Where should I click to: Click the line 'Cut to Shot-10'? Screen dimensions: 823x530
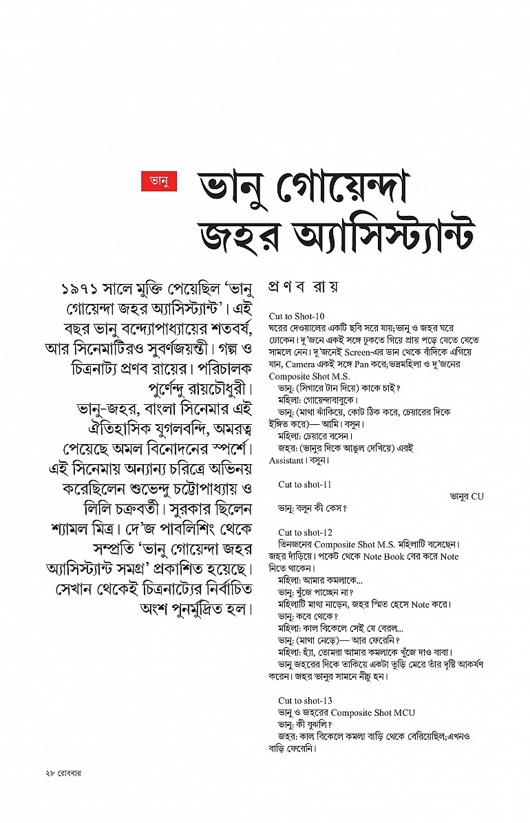coord(297,316)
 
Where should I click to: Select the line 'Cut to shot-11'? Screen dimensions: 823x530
coord(305,485)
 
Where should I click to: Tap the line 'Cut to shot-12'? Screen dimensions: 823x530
coord(305,533)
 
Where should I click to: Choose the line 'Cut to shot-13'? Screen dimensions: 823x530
coord(305,701)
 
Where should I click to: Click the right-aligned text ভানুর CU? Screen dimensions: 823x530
coord(467,496)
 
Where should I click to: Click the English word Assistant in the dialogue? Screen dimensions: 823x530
coord(286,461)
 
